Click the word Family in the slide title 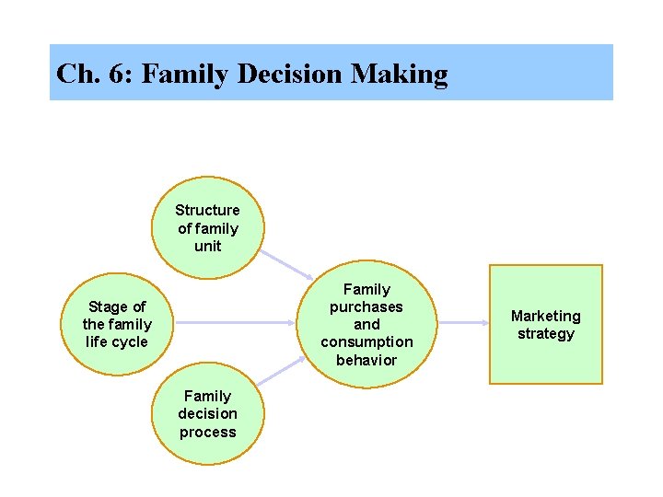click(x=184, y=74)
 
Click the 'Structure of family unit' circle click(x=207, y=228)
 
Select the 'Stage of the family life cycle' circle click(x=117, y=324)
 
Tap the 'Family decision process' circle click(x=207, y=413)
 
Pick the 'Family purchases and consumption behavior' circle click(x=366, y=324)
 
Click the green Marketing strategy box click(x=545, y=324)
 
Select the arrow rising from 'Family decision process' click(x=280, y=371)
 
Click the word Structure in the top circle click(x=207, y=210)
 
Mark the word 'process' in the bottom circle click(x=207, y=432)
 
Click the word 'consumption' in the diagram click(x=366, y=342)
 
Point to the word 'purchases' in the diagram click(x=366, y=306)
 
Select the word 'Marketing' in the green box click(x=545, y=316)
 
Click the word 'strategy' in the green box click(x=545, y=333)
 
